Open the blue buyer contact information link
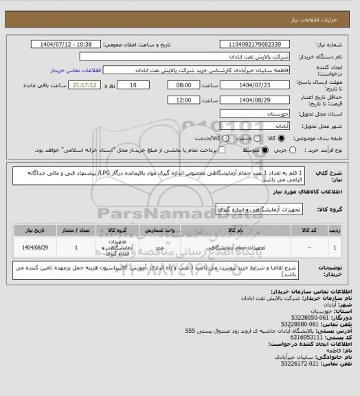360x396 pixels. click(76, 69)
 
